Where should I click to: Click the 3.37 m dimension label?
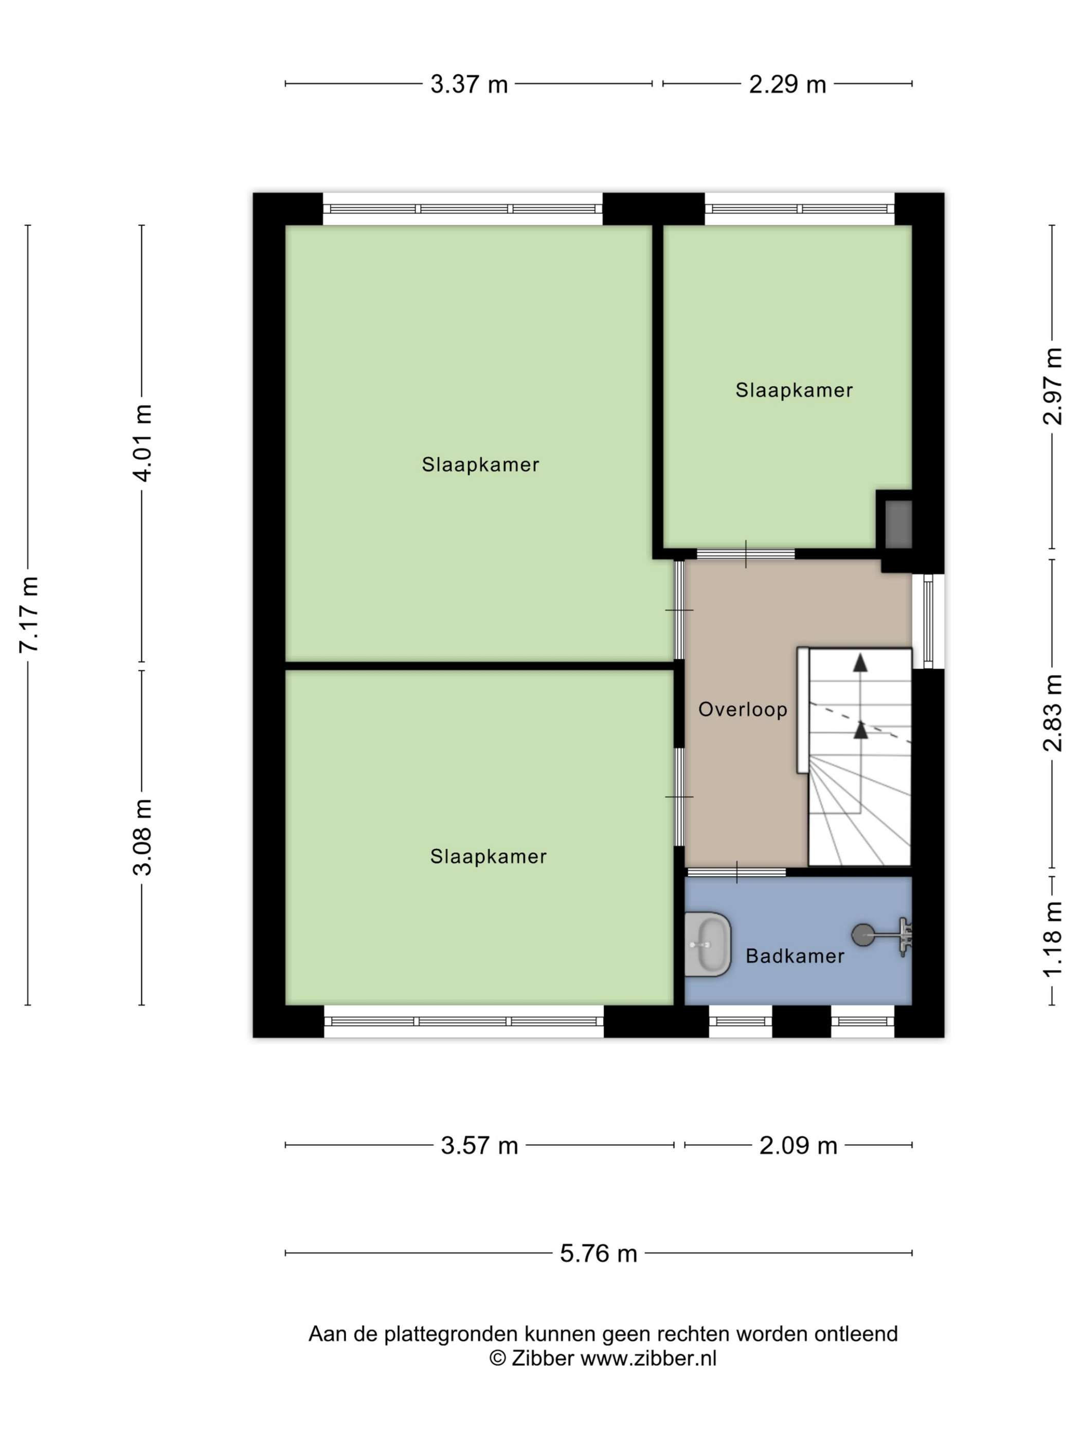(x=469, y=84)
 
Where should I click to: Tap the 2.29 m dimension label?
(x=787, y=84)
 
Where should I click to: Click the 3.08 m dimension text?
(x=142, y=837)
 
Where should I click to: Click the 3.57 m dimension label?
(x=479, y=1145)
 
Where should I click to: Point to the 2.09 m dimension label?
(x=798, y=1145)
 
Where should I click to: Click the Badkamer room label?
(x=795, y=956)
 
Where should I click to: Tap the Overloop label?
(x=743, y=710)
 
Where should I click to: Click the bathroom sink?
(x=708, y=944)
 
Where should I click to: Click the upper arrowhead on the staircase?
(x=860, y=663)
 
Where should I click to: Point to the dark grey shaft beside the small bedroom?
(x=898, y=524)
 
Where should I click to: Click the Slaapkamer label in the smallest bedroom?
(x=794, y=390)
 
